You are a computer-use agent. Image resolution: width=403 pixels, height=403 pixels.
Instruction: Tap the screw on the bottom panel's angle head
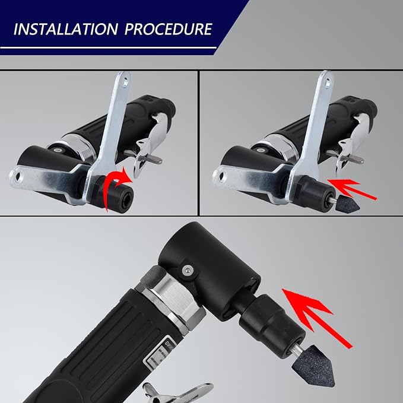coord(188,271)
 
